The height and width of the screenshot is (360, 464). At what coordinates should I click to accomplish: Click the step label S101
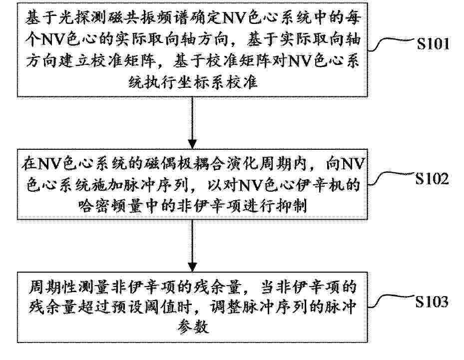tap(433, 44)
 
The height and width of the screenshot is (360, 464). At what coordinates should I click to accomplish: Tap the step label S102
tap(432, 178)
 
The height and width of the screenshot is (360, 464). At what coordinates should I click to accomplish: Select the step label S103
tap(432, 302)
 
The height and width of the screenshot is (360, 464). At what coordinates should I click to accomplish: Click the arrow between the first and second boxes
tap(192, 123)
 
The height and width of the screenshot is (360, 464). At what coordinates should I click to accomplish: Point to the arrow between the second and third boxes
tap(192, 246)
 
